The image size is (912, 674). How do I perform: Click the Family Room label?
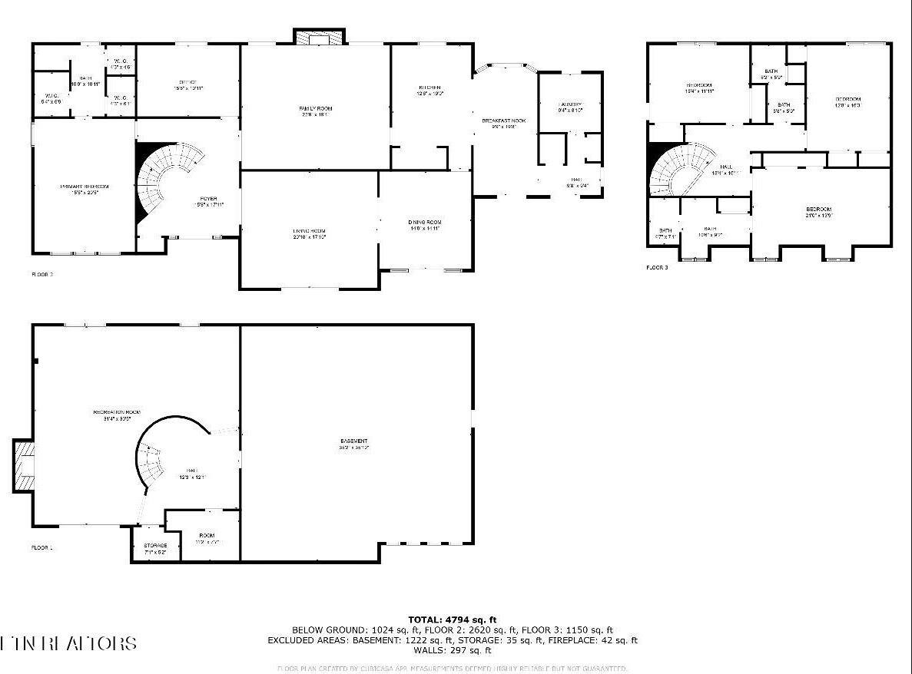pyautogui.click(x=315, y=109)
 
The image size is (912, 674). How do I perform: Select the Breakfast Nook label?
pyautogui.click(x=503, y=121)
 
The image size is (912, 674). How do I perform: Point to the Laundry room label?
pyautogui.click(x=569, y=104)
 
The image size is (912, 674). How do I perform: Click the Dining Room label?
pyautogui.click(x=424, y=222)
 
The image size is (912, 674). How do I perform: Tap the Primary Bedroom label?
pyautogui.click(x=84, y=187)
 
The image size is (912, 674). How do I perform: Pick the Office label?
pyautogui.click(x=188, y=83)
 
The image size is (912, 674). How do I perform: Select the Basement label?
pyautogui.click(x=353, y=441)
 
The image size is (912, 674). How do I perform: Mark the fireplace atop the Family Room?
pyautogui.click(x=319, y=37)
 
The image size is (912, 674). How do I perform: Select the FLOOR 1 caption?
pyautogui.click(x=42, y=548)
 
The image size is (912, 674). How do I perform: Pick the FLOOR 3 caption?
pyautogui.click(x=657, y=267)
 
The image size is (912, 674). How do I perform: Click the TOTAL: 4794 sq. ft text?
pyautogui.click(x=452, y=619)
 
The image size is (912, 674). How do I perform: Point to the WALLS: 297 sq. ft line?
pyautogui.click(x=452, y=650)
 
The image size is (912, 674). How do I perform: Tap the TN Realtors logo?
pyautogui.click(x=69, y=643)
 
